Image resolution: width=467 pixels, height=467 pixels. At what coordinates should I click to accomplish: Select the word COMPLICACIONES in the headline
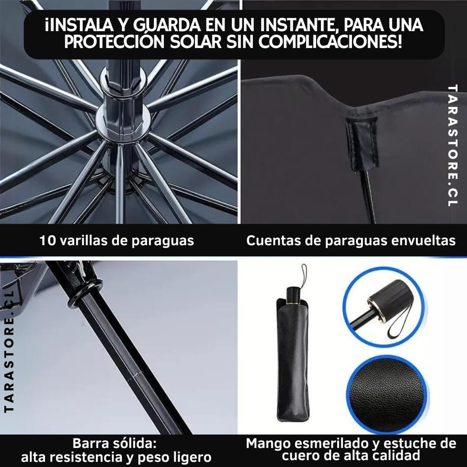(330, 41)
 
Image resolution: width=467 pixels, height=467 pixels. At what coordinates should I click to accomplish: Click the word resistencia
(78, 457)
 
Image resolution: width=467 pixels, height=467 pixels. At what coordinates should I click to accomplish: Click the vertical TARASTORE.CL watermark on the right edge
(452, 146)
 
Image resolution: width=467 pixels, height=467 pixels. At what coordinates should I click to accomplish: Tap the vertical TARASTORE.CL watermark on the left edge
(9, 352)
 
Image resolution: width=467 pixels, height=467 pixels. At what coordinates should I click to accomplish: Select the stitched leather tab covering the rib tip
(362, 144)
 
